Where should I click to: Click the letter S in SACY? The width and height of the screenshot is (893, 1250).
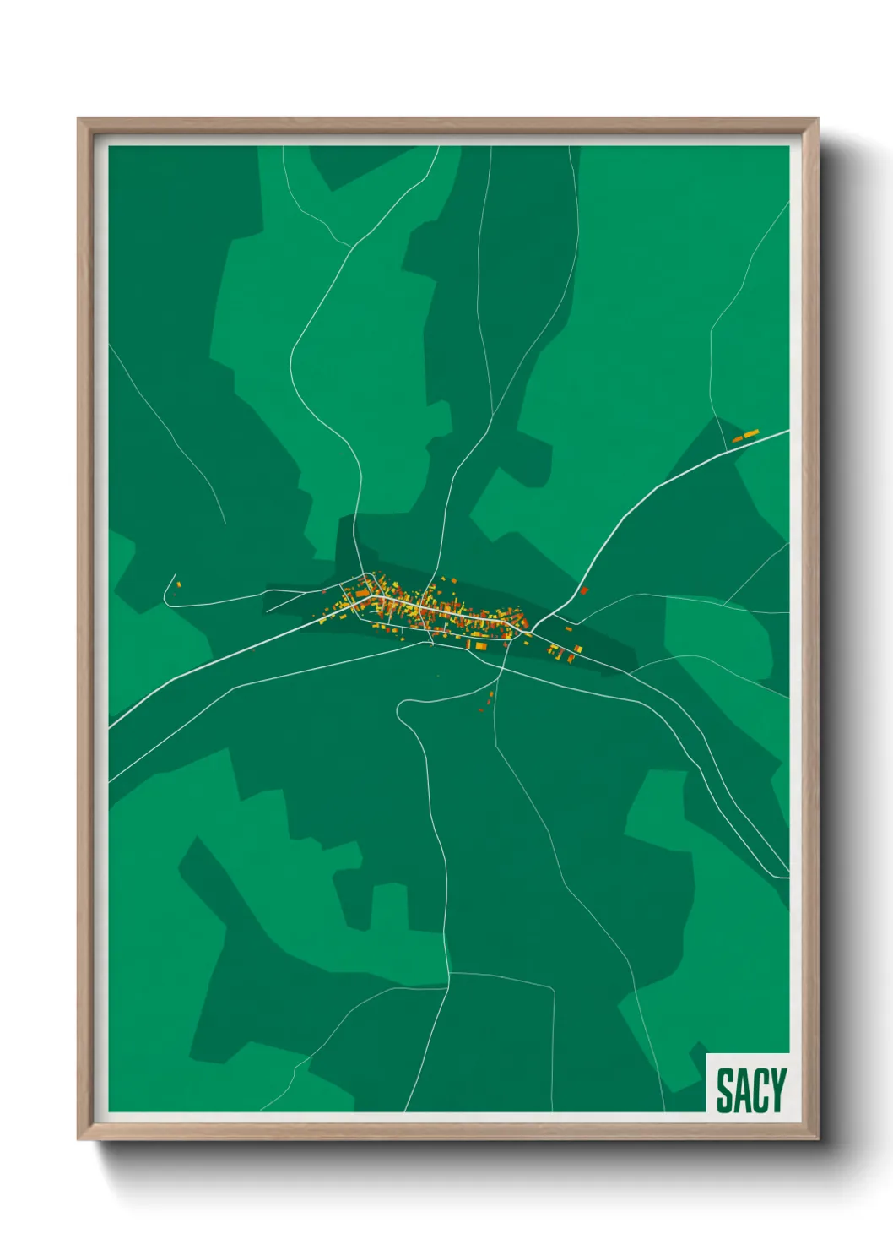725,1090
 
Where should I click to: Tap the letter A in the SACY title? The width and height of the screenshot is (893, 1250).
743,1090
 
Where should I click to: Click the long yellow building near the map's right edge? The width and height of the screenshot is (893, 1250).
751,434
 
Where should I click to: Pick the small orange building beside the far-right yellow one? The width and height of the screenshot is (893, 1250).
737,439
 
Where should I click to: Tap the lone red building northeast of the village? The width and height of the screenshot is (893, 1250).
583,590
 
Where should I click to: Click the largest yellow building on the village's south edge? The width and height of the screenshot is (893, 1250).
481,646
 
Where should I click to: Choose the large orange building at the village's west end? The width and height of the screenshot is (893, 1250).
361,594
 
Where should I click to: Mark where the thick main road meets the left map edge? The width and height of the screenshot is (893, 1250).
110,726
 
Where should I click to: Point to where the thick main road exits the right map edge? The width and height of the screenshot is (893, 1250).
788,431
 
